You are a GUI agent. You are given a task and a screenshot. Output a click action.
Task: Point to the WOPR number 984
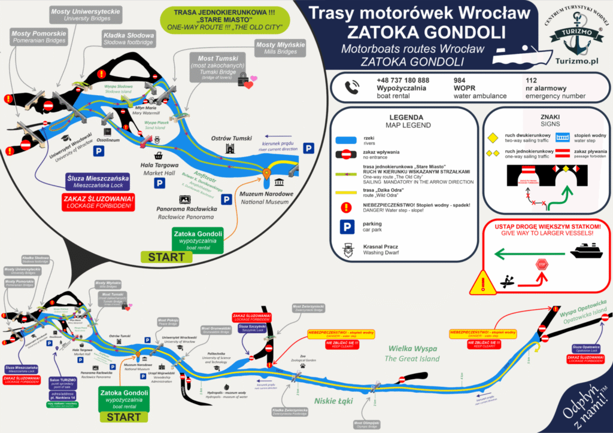(x=460, y=80)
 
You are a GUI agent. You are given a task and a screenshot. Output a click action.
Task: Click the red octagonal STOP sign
(x=542, y=264)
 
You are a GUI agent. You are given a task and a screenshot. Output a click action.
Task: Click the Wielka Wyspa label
(x=412, y=349)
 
